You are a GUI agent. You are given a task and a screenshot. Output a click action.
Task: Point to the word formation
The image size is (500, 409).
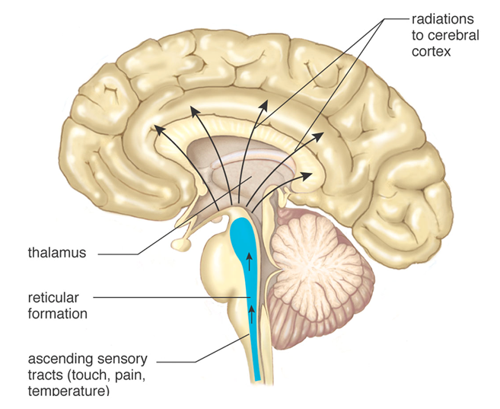click(58, 313)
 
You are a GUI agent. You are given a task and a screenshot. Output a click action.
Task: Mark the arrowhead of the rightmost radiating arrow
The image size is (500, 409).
click(308, 174)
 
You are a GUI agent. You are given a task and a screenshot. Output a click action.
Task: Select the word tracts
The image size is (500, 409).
click(44, 375)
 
